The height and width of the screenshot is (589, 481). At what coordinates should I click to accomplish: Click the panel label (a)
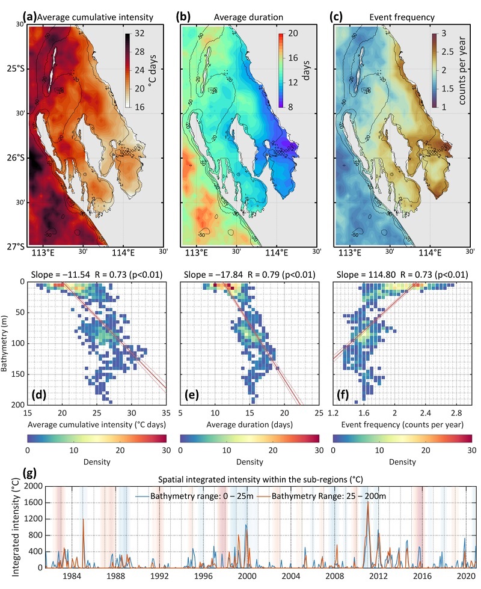28,17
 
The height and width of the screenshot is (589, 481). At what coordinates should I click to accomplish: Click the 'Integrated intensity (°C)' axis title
8,525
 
